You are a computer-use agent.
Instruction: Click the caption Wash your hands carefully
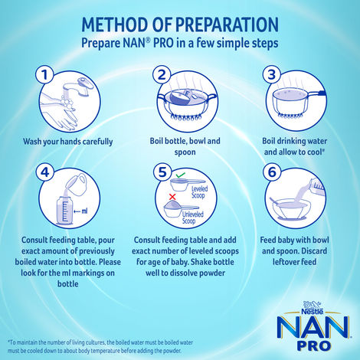[x=68, y=141]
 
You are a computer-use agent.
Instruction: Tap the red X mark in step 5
[x=173, y=197]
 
